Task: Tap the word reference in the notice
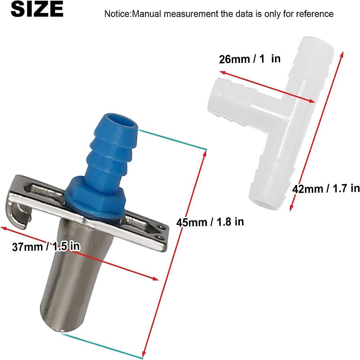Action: click(315, 14)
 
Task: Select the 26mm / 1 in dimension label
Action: click(250, 59)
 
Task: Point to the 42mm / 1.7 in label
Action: click(326, 189)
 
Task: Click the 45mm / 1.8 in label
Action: click(210, 222)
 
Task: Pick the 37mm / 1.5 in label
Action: click(46, 247)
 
